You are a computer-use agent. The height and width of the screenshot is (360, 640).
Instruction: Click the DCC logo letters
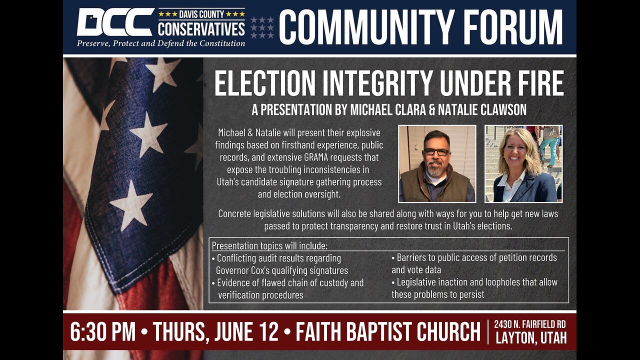[115, 22]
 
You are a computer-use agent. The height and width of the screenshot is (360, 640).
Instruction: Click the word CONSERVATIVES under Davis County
[201, 29]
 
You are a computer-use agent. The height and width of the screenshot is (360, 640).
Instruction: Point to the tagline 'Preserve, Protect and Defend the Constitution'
[160, 43]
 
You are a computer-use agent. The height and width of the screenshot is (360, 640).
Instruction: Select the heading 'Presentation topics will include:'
[270, 246]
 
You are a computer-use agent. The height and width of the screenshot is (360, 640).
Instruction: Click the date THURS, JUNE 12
[219, 331]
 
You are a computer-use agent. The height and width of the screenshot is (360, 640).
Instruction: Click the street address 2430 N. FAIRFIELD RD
[530, 324]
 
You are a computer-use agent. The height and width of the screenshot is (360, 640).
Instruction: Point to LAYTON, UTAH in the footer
[531, 338]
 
